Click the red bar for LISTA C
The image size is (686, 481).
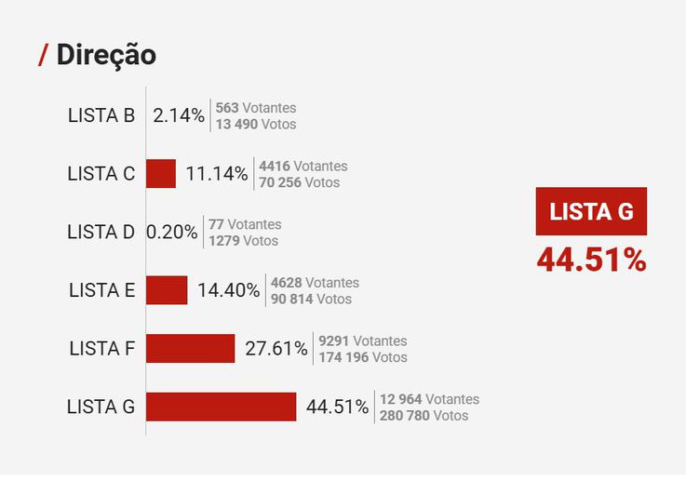pos(161,174)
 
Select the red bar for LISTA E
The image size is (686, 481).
pos(167,290)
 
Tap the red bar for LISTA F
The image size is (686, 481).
pos(190,349)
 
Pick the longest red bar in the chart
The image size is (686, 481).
pos(221,407)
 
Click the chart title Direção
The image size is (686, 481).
pos(106,55)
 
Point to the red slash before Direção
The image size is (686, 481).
pos(43,55)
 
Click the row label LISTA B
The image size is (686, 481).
pos(101,116)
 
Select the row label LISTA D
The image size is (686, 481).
pos(101,233)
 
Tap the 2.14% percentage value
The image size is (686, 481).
pos(179,116)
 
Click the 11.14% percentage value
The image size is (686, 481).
pos(217,174)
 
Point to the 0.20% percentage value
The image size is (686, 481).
pos(171,233)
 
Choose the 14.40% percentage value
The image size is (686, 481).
pos(228,290)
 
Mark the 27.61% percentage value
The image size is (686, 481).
pos(276,349)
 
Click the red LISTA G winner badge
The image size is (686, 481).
pos(591,211)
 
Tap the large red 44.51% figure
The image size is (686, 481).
pos(591,261)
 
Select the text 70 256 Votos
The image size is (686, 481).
pos(300,182)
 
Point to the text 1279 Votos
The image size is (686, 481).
pos(243,241)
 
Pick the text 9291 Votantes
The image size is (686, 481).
pos(362,341)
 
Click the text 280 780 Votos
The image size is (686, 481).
pos(424,415)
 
